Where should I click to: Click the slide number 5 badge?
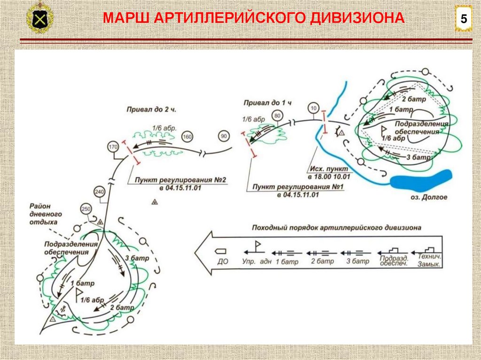464,20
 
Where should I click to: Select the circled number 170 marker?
113,146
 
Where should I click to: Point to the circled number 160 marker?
187,137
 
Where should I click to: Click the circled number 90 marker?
224,137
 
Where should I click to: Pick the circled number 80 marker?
277,115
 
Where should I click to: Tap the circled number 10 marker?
313,108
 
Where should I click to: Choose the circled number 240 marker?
99,191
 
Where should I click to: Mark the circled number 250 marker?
85,209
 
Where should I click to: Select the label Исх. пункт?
329,168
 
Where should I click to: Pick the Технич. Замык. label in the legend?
428,261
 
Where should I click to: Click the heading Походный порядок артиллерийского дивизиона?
336,228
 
